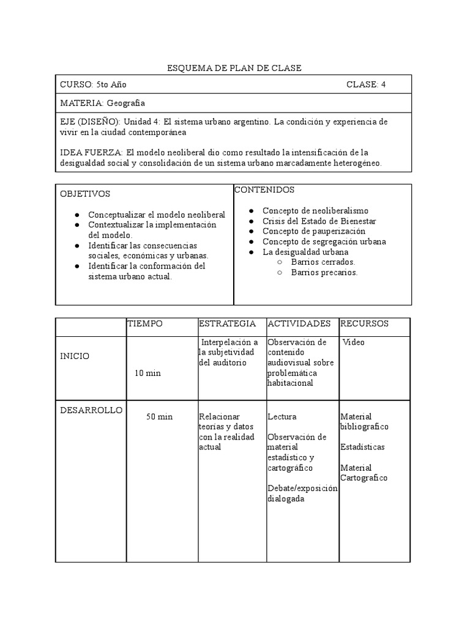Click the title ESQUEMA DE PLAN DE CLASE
(x=234, y=68)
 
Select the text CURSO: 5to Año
(x=93, y=84)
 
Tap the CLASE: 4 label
(x=366, y=84)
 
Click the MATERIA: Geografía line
(x=102, y=103)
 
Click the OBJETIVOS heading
(x=85, y=194)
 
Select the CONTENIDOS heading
(x=264, y=190)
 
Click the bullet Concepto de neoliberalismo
(x=315, y=211)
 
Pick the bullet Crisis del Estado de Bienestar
(x=319, y=221)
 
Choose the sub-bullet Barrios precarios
(x=324, y=273)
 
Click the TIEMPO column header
(x=144, y=323)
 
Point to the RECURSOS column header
(x=364, y=323)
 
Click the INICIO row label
(x=74, y=356)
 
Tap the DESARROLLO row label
(x=91, y=410)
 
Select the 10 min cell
(x=149, y=373)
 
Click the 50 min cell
(x=159, y=417)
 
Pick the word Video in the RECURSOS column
(x=353, y=342)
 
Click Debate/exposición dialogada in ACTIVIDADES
(x=302, y=493)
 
